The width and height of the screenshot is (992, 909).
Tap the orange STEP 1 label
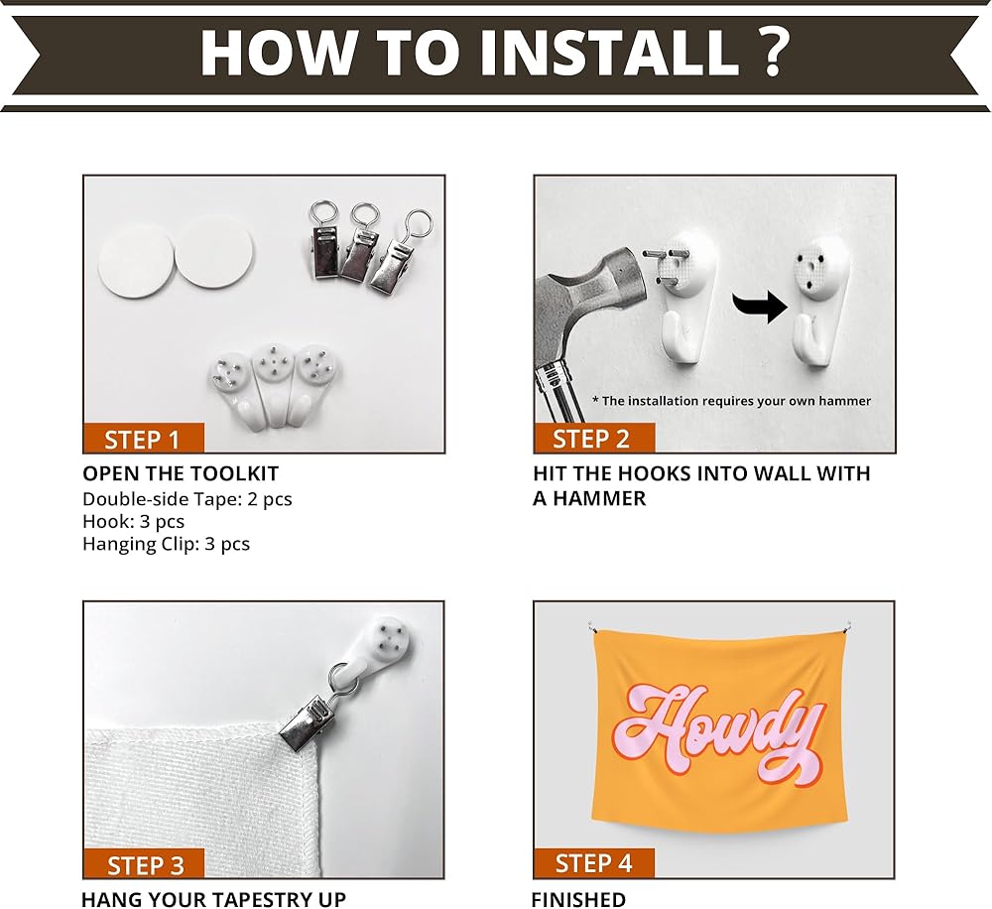click(x=144, y=439)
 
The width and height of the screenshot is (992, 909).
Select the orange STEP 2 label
click(x=594, y=439)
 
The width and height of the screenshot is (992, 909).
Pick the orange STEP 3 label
click(x=144, y=864)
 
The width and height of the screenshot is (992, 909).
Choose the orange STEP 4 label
click(x=594, y=863)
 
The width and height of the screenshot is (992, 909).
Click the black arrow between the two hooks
click(x=761, y=306)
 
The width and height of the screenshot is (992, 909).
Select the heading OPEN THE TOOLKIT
click(x=181, y=473)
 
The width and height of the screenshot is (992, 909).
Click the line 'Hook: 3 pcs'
click(x=134, y=522)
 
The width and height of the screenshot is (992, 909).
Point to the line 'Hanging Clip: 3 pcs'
click(x=166, y=545)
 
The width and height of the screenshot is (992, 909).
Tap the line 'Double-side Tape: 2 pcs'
click(x=187, y=499)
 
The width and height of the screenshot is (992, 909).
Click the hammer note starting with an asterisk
click(x=731, y=401)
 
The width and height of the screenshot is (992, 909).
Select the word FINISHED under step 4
click(x=578, y=899)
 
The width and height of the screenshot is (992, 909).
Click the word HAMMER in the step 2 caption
click(x=600, y=499)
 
